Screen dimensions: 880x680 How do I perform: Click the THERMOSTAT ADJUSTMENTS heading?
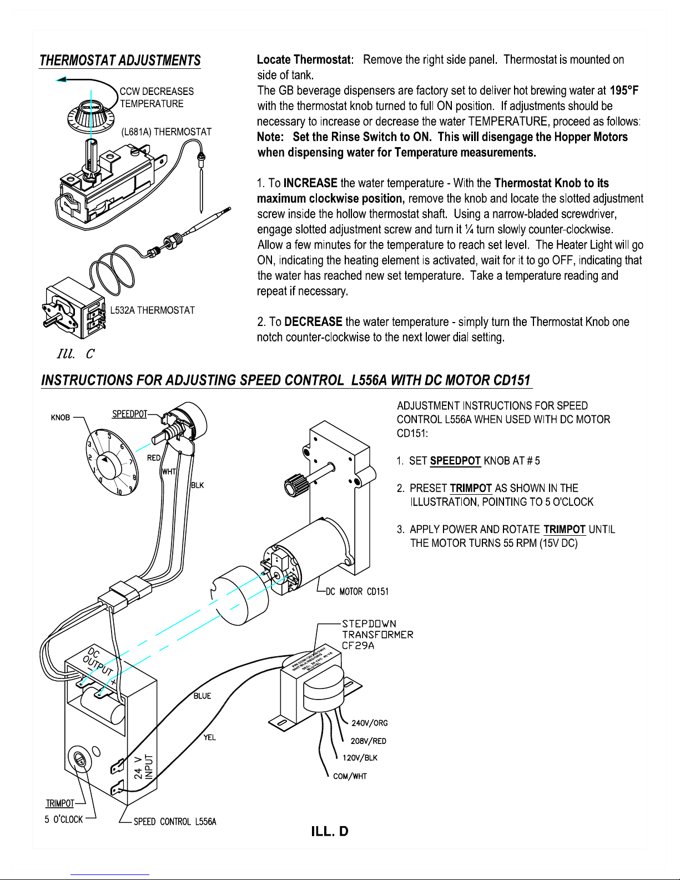point(120,61)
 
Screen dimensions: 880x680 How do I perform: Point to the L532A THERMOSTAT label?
point(153,310)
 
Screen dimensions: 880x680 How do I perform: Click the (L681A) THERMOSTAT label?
point(167,132)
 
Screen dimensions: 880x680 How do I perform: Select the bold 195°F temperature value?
point(624,90)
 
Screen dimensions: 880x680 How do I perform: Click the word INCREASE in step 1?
point(310,183)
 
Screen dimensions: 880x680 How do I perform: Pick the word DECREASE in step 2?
point(313,322)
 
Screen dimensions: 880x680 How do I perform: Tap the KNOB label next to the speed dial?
point(61,418)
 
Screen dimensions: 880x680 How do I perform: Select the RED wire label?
point(154,458)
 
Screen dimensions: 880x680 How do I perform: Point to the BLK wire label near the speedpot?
point(198,485)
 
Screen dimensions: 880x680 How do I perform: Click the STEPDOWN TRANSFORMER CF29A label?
point(377,635)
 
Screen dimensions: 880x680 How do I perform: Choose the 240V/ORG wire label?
point(370,723)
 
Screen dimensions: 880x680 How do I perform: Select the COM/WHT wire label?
point(350,777)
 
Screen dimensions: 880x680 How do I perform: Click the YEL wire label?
point(209,738)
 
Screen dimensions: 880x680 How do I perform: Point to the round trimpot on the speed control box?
point(79,759)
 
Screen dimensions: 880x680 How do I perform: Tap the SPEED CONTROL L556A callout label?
point(175,822)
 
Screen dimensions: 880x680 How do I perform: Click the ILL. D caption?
point(330,832)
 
